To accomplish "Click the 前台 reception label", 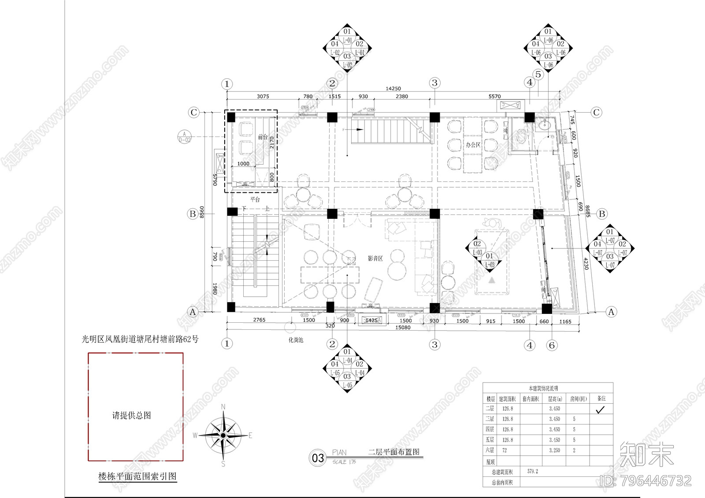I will (x=263, y=137).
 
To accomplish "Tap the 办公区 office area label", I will (x=473, y=144).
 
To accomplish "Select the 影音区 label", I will (x=375, y=258).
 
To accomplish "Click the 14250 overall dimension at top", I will (x=393, y=89).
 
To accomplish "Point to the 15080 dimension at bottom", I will (x=403, y=327).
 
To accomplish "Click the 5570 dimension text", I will (x=494, y=96).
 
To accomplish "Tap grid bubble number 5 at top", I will (x=538, y=75).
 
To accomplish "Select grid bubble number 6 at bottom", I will (x=552, y=345).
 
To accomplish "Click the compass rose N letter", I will (x=223, y=407).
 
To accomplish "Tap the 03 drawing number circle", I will (x=318, y=458).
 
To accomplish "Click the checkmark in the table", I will (x=600, y=409).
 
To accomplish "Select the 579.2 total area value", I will (x=532, y=471).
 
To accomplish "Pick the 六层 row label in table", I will (x=490, y=450).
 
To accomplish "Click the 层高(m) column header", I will (x=555, y=398).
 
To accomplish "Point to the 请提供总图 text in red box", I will (x=131, y=415).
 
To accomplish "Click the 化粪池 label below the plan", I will (x=296, y=340).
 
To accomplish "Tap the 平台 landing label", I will (x=255, y=199).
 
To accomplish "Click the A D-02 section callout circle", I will (x=185, y=136).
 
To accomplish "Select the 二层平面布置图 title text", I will (x=393, y=452).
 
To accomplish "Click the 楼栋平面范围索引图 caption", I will (x=137, y=476).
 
